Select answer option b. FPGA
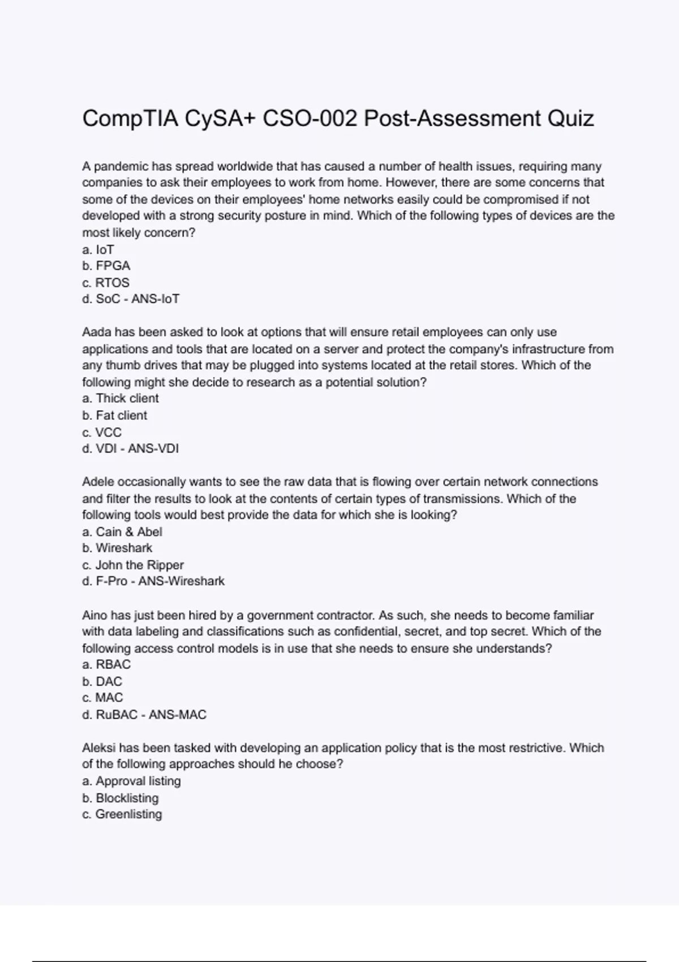[x=106, y=266]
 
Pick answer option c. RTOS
[x=106, y=282]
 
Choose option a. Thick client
[x=121, y=398]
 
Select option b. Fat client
[x=115, y=415]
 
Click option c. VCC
[x=102, y=432]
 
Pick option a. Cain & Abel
[x=122, y=532]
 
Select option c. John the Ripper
[x=133, y=565]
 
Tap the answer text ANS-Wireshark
[x=181, y=581]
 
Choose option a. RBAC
[x=106, y=664]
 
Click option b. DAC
[x=102, y=681]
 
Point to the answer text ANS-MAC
[x=177, y=715]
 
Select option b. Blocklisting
[x=121, y=798]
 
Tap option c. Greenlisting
[x=122, y=814]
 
